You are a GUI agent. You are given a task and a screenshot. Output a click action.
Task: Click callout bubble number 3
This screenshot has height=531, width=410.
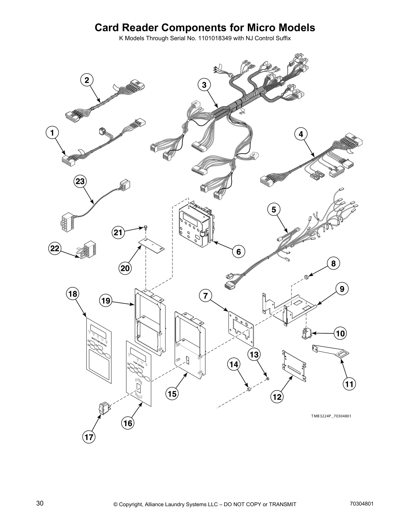(204, 85)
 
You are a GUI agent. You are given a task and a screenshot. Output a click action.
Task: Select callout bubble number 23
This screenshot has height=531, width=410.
(80, 181)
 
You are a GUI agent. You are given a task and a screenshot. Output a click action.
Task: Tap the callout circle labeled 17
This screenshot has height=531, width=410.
(89, 437)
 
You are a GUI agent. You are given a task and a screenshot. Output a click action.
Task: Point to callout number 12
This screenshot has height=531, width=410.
(277, 397)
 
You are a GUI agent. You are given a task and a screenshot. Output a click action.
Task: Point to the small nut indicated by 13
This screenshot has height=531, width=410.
(268, 378)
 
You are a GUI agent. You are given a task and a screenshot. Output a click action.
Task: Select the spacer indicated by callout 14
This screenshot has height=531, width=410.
(249, 389)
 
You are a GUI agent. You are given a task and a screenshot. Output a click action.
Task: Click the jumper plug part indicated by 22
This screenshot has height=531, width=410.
(86, 251)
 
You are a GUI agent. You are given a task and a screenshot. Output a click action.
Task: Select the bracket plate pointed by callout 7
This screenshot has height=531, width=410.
(241, 327)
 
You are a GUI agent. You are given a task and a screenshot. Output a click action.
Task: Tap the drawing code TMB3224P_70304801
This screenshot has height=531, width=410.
(331, 416)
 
